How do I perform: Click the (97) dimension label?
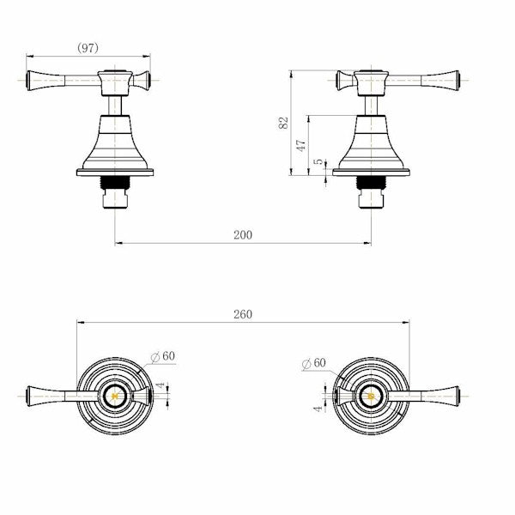click(87, 49)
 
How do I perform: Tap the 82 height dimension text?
click(283, 123)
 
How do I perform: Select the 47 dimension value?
click(301, 145)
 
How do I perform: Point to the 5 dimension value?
click(318, 161)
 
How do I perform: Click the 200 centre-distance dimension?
click(242, 234)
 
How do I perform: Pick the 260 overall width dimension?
click(242, 314)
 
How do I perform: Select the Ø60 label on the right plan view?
click(313, 363)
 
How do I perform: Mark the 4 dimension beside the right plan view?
click(317, 409)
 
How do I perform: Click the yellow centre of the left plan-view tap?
click(115, 397)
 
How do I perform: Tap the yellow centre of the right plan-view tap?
click(370, 397)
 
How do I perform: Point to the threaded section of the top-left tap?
click(115, 183)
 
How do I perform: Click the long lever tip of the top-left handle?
click(34, 81)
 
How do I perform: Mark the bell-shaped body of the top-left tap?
click(115, 146)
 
